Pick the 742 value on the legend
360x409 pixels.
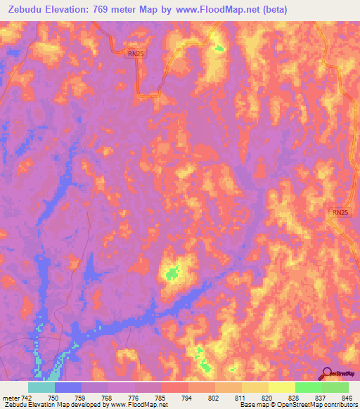click(x=27, y=397)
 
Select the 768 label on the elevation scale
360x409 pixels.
click(x=108, y=397)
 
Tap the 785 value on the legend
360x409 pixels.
click(x=162, y=397)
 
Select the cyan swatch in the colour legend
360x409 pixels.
click(x=41, y=387)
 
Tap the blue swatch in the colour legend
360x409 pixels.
click(x=67, y=387)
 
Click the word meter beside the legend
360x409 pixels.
click(x=11, y=397)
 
